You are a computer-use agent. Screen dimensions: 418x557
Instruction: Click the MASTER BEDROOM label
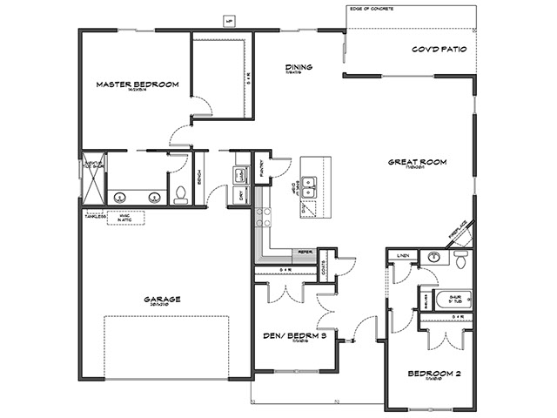(x=138, y=84)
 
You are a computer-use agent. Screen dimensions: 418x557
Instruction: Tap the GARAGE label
(x=163, y=299)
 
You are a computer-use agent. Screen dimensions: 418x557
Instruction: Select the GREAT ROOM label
(x=418, y=162)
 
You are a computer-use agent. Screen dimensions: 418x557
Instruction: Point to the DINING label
(x=299, y=67)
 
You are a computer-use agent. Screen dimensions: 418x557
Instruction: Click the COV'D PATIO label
(x=440, y=50)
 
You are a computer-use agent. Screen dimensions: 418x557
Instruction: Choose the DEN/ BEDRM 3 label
(x=294, y=334)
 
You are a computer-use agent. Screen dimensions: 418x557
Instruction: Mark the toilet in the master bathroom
(x=180, y=194)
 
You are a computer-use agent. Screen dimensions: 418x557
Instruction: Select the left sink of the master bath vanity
(x=118, y=196)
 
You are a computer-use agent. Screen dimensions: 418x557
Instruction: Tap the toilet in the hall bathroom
(x=460, y=258)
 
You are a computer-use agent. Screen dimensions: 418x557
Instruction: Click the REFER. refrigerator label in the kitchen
(x=305, y=253)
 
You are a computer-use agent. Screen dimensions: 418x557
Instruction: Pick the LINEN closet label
(x=402, y=255)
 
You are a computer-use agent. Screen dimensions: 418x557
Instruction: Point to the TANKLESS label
(x=95, y=217)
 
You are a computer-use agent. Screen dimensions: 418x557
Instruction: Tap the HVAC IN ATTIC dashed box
(x=125, y=216)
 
